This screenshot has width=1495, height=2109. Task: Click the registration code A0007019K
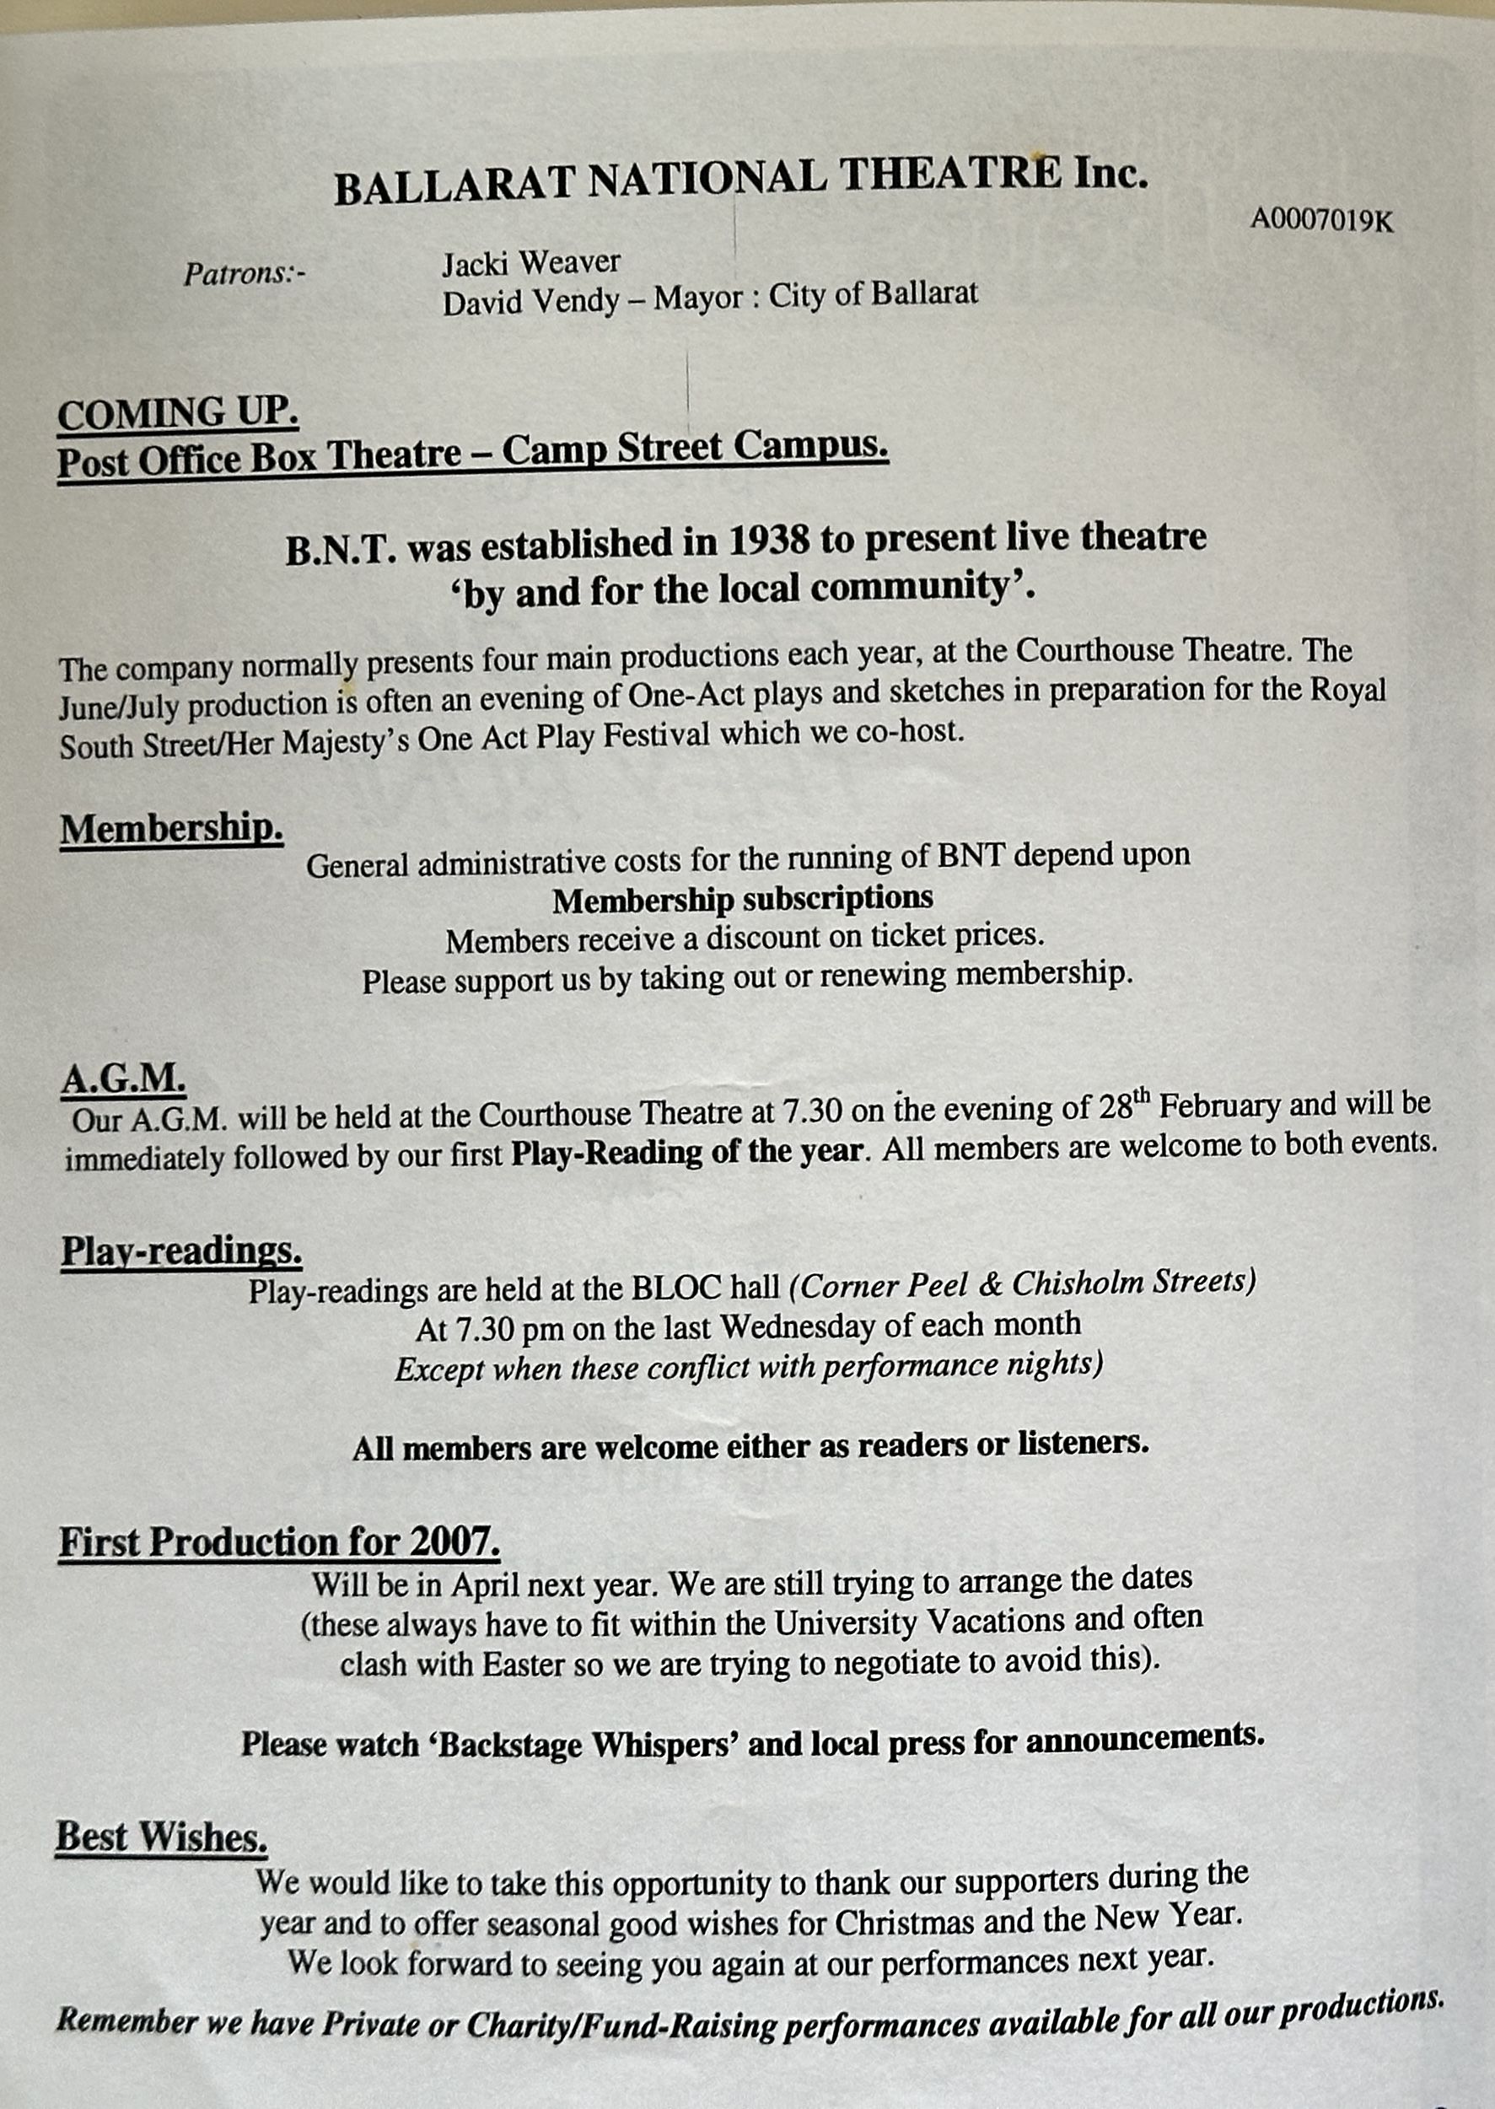(1321, 222)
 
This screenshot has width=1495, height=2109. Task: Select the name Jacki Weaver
(531, 264)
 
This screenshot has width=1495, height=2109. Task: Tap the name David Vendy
(530, 301)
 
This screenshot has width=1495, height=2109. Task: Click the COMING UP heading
(178, 413)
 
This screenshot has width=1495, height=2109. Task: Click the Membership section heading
(171, 830)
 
